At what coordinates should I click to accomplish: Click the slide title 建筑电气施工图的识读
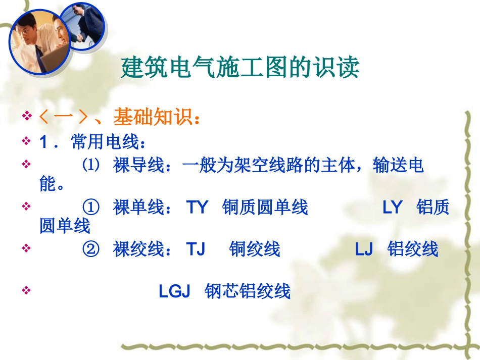click(240, 69)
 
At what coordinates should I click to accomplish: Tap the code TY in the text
click(197, 208)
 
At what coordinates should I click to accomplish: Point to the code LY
click(392, 208)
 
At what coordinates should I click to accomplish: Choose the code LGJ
click(174, 292)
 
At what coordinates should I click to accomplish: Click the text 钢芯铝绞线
click(248, 292)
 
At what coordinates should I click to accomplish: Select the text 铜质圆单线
click(265, 208)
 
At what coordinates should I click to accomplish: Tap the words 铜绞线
click(254, 249)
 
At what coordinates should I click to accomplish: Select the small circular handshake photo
click(85, 26)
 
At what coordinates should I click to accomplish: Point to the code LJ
click(363, 249)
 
